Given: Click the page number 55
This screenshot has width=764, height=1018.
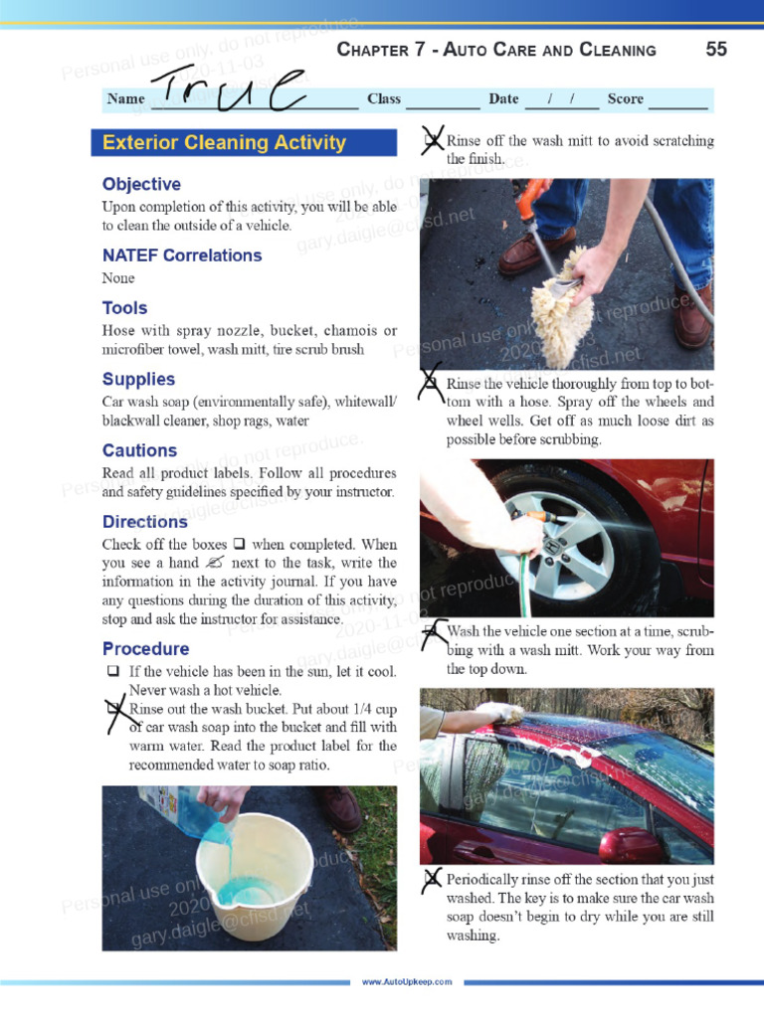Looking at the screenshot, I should coord(716,50).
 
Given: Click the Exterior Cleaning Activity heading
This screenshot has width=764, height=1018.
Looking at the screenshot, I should coord(224,142).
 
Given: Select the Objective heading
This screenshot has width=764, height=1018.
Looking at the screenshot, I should coord(141,184).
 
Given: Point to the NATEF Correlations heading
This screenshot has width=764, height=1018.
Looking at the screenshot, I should coord(182,255).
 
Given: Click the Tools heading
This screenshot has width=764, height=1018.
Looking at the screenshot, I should coord(124,308).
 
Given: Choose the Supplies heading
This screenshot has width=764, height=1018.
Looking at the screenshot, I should coord(138,379).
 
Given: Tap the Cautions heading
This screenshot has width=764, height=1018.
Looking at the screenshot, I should coord(139,450).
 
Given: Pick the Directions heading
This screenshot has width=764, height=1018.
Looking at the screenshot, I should coord(144,522).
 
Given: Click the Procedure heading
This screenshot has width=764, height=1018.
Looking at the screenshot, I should coord(145,649).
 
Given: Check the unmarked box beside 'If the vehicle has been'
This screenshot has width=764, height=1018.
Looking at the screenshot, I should coord(112,672).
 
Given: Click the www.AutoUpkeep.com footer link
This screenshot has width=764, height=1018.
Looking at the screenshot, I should coord(406,982).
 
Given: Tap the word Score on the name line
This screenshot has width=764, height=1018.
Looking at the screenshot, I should coord(625,99).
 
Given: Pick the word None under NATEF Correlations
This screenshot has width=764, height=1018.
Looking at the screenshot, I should coord(118,278).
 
